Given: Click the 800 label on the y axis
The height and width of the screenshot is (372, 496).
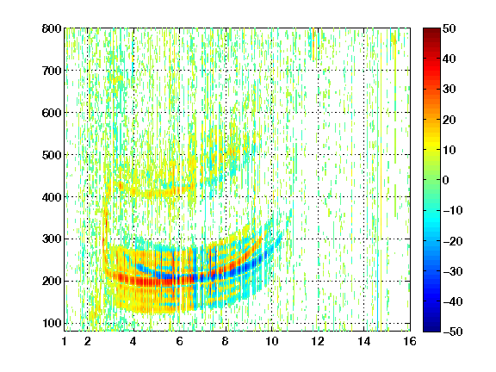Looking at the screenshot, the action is [x=52, y=28].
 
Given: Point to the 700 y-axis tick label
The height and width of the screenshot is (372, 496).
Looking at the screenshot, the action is [x=52, y=71].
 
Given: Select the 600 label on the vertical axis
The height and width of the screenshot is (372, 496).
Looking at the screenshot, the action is [x=52, y=113].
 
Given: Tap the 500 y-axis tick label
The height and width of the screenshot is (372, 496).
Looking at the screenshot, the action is [x=52, y=155].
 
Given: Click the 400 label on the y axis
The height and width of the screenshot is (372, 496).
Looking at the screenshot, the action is [x=52, y=197].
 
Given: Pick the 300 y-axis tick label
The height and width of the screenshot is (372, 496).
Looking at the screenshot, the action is [x=52, y=239].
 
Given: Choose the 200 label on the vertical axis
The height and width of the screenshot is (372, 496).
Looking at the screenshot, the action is [x=52, y=282].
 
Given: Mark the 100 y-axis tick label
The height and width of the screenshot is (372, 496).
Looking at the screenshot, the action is [x=52, y=323].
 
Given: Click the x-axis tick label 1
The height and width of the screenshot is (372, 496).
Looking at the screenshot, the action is [x=65, y=341].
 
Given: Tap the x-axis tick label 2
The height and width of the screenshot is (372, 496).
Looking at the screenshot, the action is [x=88, y=341].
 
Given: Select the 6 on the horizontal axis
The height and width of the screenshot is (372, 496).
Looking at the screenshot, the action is [x=180, y=341].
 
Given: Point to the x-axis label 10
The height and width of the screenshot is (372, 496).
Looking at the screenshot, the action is [x=272, y=341].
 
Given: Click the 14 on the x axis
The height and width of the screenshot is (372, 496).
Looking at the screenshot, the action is [x=364, y=341].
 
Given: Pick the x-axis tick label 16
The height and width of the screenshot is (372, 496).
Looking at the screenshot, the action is [x=410, y=341].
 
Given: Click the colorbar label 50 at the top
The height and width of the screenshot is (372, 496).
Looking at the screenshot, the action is [x=449, y=28].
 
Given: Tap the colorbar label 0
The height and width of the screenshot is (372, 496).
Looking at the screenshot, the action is [x=446, y=180].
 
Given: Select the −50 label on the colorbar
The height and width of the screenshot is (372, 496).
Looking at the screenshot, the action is [x=453, y=332].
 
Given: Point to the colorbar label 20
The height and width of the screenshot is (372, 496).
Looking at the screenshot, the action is [x=449, y=120].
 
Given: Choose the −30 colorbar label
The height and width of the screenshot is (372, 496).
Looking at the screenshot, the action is [x=453, y=271].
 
